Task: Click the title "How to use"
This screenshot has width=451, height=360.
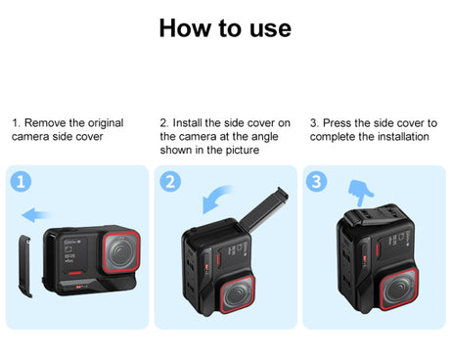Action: pyautogui.click(x=225, y=27)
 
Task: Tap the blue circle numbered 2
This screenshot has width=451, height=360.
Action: pyautogui.click(x=171, y=182)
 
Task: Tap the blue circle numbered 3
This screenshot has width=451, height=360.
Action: pyautogui.click(x=317, y=182)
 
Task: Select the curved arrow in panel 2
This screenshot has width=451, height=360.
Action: pyautogui.click(x=213, y=202)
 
